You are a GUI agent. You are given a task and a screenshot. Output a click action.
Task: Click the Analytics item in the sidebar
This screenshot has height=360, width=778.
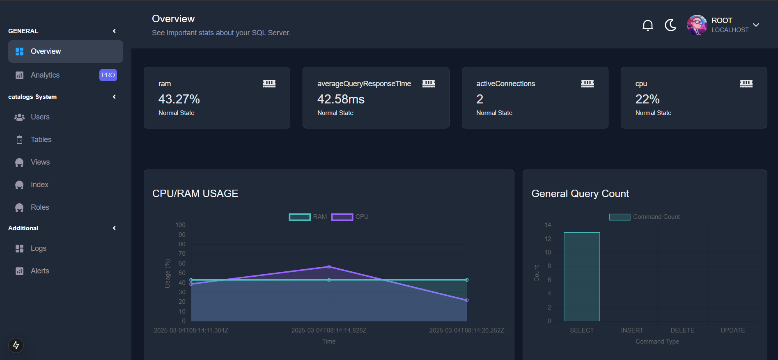point(45,75)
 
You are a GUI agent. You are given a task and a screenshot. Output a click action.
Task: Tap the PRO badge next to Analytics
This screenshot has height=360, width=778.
point(108,75)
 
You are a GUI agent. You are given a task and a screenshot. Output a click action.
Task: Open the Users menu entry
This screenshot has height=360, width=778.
point(40,117)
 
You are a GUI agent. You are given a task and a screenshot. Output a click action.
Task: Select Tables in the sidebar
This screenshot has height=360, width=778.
point(41,140)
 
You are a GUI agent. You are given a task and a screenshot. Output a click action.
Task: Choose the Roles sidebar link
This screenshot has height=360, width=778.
point(40,207)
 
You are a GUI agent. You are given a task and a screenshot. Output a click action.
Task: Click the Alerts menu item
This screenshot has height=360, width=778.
point(40,271)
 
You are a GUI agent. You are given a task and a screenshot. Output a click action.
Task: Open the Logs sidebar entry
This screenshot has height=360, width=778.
point(38,248)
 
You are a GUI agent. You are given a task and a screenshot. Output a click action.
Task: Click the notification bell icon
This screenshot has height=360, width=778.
point(647,25)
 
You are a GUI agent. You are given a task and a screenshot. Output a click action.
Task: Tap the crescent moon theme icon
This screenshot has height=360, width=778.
point(670,25)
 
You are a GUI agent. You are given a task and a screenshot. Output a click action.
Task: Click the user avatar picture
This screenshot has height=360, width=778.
point(697,25)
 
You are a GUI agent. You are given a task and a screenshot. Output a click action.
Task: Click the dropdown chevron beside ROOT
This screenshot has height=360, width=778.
point(756,25)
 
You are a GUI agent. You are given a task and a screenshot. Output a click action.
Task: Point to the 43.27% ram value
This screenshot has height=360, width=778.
point(179,99)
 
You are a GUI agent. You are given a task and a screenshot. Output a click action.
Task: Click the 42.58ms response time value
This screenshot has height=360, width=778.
point(341,99)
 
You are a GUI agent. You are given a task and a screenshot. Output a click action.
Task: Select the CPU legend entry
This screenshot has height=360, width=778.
point(350,217)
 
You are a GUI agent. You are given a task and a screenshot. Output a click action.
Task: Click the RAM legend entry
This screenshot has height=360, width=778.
point(308,217)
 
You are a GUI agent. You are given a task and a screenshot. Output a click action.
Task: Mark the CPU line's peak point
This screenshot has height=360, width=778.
point(329,267)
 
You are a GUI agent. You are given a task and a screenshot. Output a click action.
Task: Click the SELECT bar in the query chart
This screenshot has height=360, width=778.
point(582,277)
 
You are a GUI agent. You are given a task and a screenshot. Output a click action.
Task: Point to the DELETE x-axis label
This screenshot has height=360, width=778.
point(682,330)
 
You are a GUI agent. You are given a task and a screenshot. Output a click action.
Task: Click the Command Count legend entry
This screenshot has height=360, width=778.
point(645,217)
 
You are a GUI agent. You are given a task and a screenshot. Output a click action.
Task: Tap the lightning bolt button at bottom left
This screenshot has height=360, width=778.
point(16,345)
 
